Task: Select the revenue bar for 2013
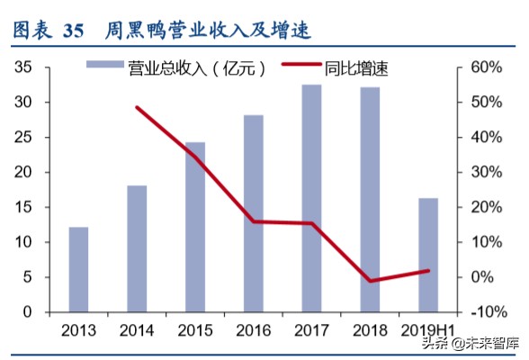pos(79,269)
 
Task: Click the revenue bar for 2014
pos(137,248)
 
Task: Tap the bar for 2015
pos(195,227)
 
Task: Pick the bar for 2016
pos(254,213)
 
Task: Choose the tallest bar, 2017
pos(311,198)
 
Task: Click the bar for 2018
pos(370,200)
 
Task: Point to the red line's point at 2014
pos(137,107)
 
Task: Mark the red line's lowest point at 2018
pos(370,281)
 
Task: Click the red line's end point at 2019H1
pos(428,270)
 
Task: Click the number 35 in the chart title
pos(74,31)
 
